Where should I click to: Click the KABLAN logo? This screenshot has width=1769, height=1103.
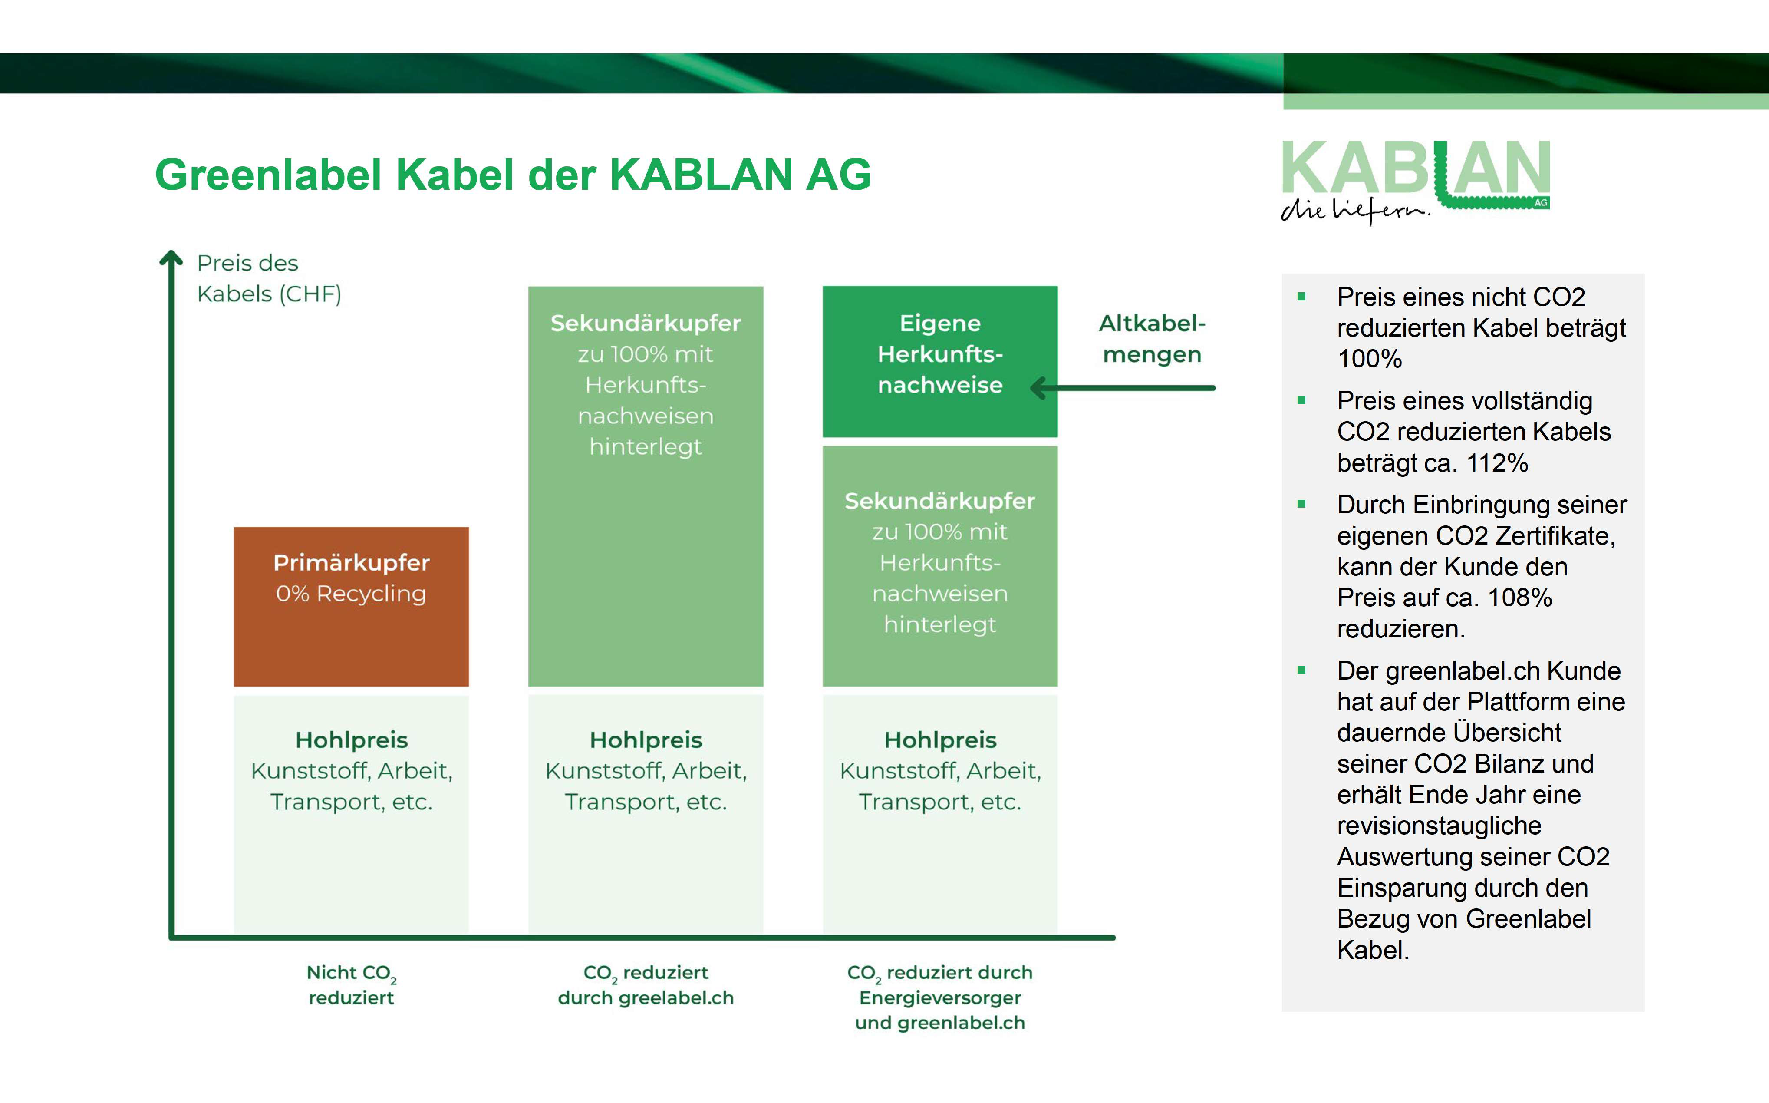[1415, 182]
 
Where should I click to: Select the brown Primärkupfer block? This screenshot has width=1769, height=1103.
[352, 607]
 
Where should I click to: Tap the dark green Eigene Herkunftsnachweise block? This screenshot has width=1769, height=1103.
[940, 362]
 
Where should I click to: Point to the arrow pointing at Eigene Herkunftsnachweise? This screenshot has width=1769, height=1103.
[1123, 388]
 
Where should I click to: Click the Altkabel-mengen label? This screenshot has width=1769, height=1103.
[1152, 338]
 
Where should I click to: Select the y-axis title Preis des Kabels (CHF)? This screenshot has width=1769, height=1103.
[269, 278]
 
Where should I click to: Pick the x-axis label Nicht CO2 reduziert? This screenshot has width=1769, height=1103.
[352, 985]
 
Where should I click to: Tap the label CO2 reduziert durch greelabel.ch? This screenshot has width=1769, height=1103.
[646, 985]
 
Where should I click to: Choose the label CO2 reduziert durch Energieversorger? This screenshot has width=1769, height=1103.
[940, 985]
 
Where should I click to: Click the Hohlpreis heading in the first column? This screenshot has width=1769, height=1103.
[352, 740]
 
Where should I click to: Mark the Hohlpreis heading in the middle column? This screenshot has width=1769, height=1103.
[646, 740]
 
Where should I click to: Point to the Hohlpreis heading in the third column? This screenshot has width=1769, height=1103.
[940, 740]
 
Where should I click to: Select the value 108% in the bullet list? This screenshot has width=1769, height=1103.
[1520, 598]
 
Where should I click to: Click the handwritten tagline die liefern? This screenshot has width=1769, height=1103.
[1355, 209]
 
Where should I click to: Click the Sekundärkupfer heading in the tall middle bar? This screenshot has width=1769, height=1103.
[646, 323]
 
